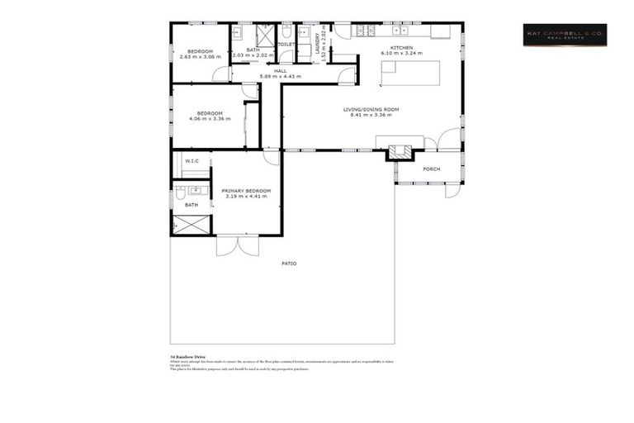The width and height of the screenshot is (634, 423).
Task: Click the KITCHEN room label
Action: pos(401,47)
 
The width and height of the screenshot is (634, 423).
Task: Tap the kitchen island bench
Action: pos(409,73)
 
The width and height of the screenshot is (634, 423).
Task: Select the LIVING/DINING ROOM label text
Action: pos(371,109)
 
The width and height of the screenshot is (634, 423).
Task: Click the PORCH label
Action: pos(431,169)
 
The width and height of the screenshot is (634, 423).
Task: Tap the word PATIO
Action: pos(288,264)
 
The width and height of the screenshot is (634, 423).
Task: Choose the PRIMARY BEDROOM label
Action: pos(246,191)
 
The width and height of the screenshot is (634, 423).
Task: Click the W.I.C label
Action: pos(192,160)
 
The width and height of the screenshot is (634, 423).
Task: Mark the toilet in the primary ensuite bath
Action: pos(181,193)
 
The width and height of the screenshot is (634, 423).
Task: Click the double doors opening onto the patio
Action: pos(237,245)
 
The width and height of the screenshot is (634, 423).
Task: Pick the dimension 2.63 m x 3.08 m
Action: pos(200,56)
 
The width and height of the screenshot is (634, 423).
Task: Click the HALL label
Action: pos(280,71)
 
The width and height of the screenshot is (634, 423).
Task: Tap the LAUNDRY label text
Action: pos(319,46)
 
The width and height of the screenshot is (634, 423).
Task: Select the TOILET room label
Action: pos(286,45)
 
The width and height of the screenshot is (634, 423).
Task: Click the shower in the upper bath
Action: pos(266,36)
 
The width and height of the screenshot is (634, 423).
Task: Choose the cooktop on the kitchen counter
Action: pos(365,31)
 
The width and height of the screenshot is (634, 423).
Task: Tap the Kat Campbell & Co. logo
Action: pos(565,35)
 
